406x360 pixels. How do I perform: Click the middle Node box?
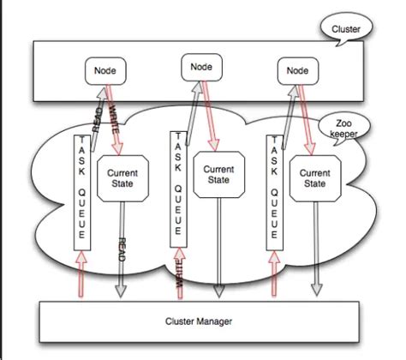coord(200,66)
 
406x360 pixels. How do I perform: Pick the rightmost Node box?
coord(297,71)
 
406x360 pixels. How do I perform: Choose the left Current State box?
coord(122,178)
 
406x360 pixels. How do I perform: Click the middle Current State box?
coord(218,175)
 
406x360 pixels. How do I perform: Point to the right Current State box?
coord(314,178)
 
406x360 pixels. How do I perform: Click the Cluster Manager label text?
coord(201,321)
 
